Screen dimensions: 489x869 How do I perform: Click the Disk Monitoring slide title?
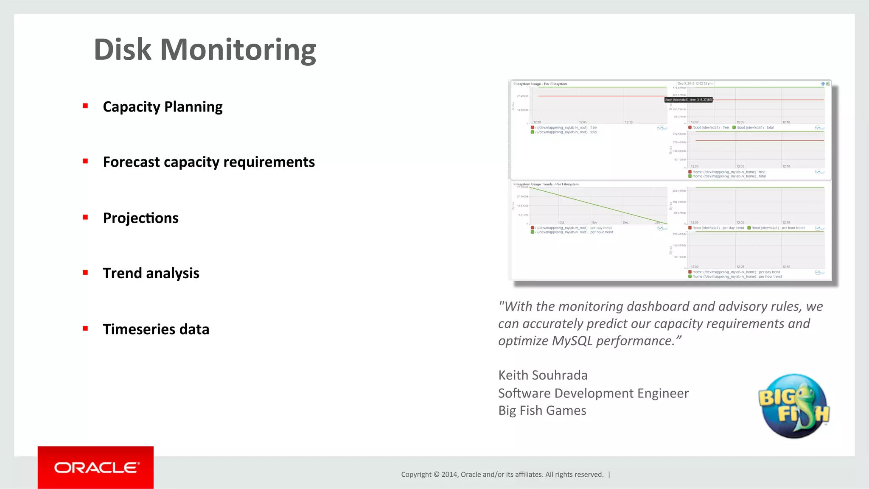click(x=205, y=50)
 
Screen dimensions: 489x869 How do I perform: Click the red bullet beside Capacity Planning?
click(x=85, y=106)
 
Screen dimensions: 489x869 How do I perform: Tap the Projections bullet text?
click(x=140, y=218)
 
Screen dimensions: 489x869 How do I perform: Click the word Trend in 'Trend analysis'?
click(x=122, y=273)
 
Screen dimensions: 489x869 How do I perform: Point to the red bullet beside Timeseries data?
click(x=85, y=328)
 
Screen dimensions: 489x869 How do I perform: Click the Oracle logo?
click(x=96, y=467)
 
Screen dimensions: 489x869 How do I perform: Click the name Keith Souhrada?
click(x=543, y=375)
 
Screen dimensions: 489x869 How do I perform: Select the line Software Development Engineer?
click(x=593, y=393)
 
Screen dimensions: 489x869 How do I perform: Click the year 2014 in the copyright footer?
click(x=449, y=475)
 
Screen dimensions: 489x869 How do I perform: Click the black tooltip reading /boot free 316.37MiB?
click(x=688, y=100)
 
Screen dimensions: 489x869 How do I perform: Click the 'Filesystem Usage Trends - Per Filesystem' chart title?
click(x=546, y=184)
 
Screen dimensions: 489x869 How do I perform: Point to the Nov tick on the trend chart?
click(x=594, y=222)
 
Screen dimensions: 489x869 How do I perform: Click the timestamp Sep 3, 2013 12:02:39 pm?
click(x=695, y=84)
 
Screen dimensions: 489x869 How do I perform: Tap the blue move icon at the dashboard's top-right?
click(x=823, y=84)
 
